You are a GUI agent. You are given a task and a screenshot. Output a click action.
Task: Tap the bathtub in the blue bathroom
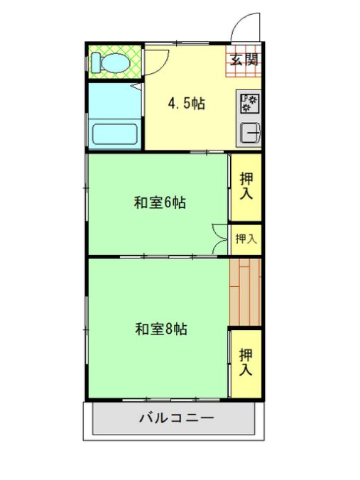pos(114,132)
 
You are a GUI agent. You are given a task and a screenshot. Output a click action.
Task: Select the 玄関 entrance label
pos(244,59)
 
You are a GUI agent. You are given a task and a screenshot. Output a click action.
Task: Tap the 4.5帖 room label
pos(186,104)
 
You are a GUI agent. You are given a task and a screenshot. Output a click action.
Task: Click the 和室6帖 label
pos(160,203)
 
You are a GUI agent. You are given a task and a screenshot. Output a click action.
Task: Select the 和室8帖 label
pos(161,329)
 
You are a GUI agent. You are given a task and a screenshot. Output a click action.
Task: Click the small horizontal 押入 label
pos(246,239)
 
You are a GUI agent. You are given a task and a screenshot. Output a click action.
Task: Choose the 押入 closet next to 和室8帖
pos(246,362)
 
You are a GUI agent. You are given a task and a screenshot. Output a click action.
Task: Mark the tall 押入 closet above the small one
pos(246,186)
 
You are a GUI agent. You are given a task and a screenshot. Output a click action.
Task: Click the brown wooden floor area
pos(246,292)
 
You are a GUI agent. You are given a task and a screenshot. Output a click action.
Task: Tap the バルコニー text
pos(176,418)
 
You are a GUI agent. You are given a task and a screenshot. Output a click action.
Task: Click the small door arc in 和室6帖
pos(219,237)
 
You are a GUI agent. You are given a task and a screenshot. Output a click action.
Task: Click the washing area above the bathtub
pos(114,99)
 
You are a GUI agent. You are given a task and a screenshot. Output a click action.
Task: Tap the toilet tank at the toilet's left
pos(94,62)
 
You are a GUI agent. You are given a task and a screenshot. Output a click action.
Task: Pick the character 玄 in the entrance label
pos(236,59)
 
